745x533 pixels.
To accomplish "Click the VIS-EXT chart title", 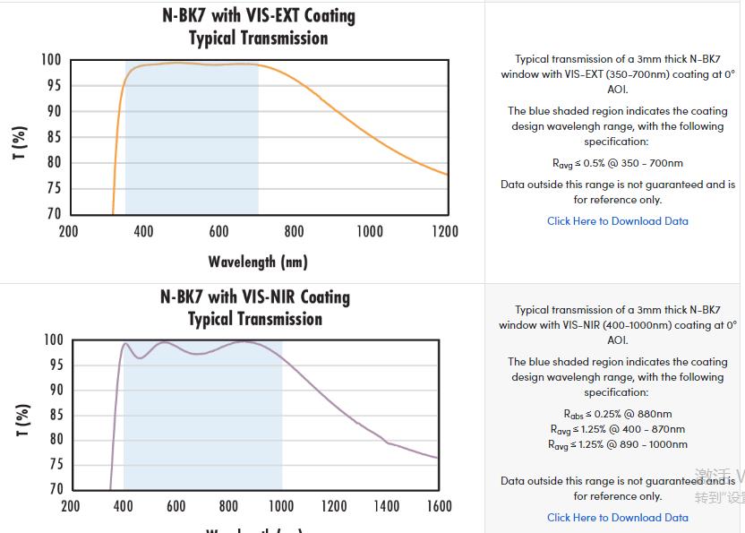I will click(258, 27).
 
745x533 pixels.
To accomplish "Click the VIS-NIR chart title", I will click(255, 307).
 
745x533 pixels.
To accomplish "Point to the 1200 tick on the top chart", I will click(444, 232).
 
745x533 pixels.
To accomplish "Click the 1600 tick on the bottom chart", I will click(439, 506).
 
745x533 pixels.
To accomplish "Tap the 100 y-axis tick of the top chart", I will click(51, 60).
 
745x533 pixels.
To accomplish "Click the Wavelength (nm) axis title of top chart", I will click(258, 262).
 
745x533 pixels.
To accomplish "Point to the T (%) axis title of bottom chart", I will click(23, 419).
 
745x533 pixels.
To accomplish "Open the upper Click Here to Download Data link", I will click(618, 221).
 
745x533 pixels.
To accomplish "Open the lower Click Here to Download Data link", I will click(618, 518).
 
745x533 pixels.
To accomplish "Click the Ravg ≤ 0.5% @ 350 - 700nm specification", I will click(618, 163).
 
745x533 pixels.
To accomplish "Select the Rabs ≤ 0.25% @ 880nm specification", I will click(618, 414).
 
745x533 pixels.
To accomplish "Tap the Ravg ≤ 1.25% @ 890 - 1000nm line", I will click(618, 444).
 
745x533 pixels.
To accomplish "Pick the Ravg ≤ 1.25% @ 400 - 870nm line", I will click(618, 429).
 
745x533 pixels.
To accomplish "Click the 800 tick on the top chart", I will click(294, 232).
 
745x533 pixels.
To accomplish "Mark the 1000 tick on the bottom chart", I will click(281, 506).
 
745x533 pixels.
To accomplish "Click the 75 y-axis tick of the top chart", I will click(53, 188).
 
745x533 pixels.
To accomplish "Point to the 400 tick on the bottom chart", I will click(123, 506).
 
